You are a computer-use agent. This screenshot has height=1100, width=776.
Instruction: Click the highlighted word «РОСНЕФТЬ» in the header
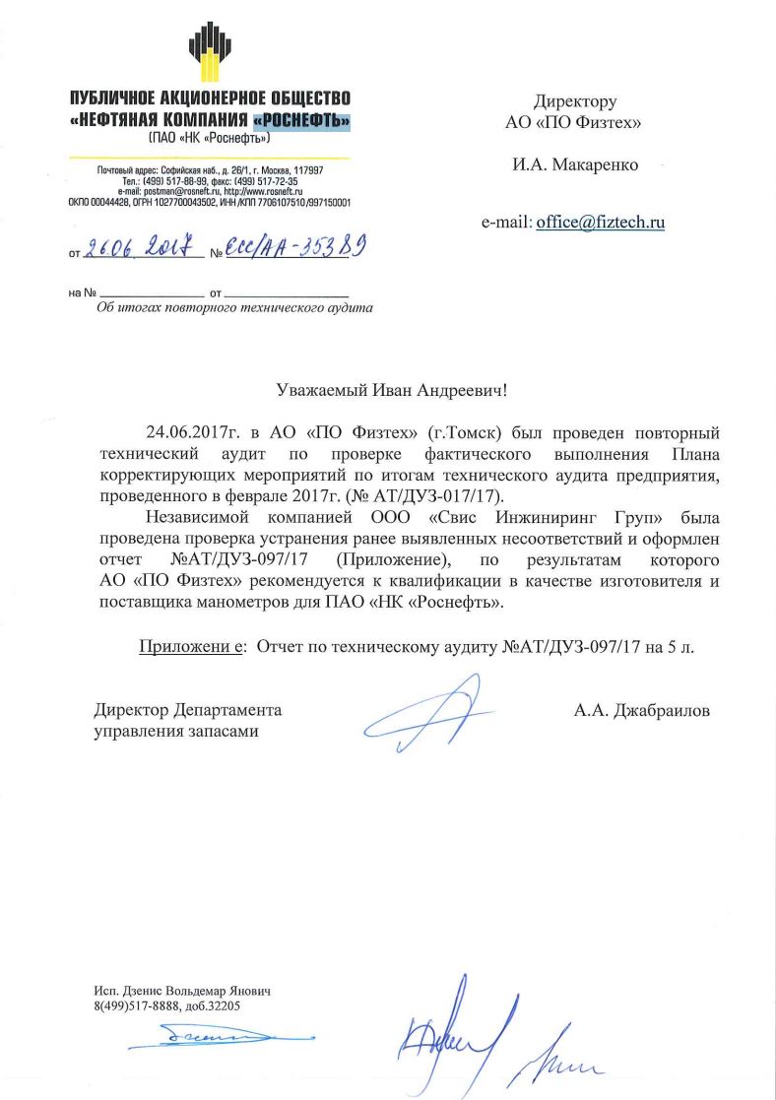(301, 121)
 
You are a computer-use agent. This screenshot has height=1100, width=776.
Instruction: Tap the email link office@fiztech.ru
(601, 223)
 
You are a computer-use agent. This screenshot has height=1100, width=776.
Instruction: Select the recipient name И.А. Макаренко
(574, 165)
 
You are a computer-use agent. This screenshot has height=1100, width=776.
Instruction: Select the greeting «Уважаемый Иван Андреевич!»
(391, 391)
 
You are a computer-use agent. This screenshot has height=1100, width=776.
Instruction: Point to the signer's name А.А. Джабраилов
(641, 710)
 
